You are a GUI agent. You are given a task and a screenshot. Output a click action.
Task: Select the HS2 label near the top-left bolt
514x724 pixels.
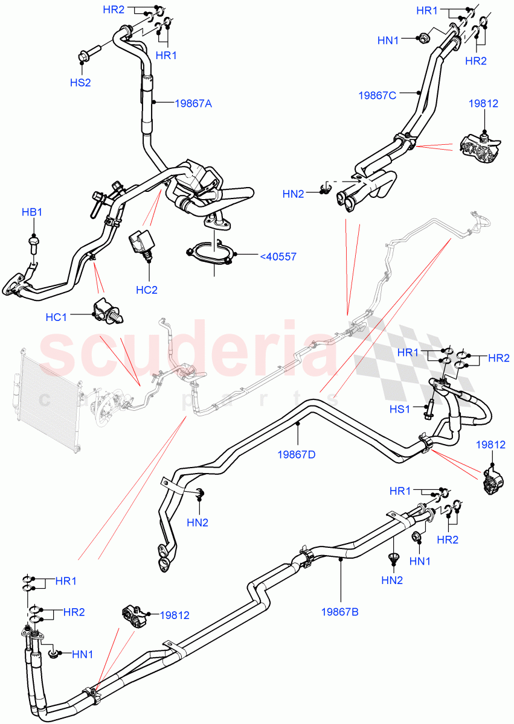coord(80,83)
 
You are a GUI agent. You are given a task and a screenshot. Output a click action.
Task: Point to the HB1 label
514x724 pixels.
coord(33,212)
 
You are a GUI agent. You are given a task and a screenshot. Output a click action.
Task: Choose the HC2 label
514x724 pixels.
coord(146,290)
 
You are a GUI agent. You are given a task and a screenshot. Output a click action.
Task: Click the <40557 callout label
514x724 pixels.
coord(278,256)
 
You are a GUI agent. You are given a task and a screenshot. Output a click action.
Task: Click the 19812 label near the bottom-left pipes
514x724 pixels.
coord(175,615)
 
